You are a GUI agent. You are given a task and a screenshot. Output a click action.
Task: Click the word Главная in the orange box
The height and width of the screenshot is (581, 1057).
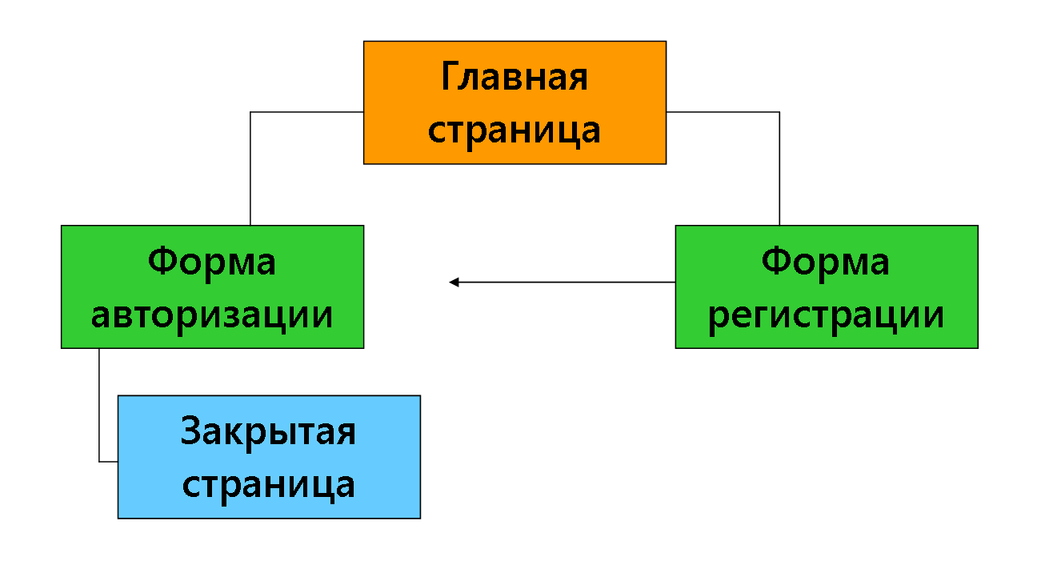pyautogui.click(x=514, y=77)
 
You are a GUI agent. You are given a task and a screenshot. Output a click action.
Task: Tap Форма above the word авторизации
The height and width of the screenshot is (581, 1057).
pyautogui.click(x=212, y=262)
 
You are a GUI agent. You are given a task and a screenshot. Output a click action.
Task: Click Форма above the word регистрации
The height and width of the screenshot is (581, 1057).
pyautogui.click(x=825, y=262)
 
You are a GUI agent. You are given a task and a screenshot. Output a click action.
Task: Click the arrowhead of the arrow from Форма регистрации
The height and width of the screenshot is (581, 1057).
pyautogui.click(x=454, y=282)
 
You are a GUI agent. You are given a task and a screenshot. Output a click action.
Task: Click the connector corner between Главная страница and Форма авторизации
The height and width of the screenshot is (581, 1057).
pyautogui.click(x=250, y=112)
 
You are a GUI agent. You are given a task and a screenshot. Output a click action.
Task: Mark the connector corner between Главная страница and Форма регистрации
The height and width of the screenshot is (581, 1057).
pyautogui.click(x=779, y=112)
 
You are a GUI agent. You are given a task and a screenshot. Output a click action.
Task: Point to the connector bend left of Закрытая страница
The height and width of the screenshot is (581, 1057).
pyautogui.click(x=99, y=462)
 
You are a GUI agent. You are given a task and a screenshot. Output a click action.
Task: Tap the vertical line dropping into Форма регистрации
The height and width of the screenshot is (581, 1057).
pyautogui.click(x=779, y=169)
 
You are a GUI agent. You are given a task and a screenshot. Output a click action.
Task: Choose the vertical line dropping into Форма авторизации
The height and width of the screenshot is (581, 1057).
pyautogui.click(x=250, y=169)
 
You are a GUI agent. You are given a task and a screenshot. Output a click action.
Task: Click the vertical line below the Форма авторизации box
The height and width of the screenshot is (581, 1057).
pyautogui.click(x=99, y=405)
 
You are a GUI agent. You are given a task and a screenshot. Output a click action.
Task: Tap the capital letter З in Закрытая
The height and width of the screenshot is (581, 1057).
pyautogui.click(x=190, y=430)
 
